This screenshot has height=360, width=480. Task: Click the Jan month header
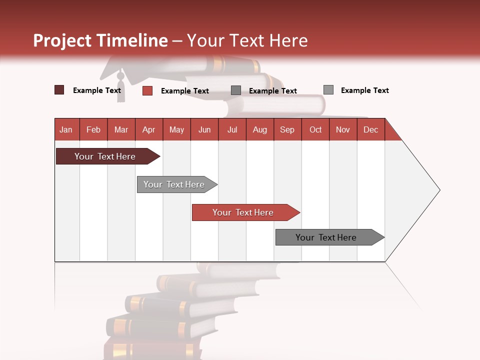(x=66, y=129)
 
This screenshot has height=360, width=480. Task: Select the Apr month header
(x=148, y=129)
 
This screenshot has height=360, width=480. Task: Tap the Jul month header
(x=232, y=129)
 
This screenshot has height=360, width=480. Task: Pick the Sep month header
(x=287, y=129)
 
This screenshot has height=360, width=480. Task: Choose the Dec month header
(x=370, y=129)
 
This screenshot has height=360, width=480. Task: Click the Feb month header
(x=93, y=129)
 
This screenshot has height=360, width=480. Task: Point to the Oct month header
(x=315, y=129)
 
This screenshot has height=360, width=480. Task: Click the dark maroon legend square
(x=59, y=90)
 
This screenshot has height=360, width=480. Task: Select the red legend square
(x=147, y=90)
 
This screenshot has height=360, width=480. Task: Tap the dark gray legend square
(x=236, y=90)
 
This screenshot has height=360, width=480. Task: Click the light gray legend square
(x=328, y=90)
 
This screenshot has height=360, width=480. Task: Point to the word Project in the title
(x=62, y=40)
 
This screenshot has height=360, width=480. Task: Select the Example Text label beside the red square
(x=184, y=91)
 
